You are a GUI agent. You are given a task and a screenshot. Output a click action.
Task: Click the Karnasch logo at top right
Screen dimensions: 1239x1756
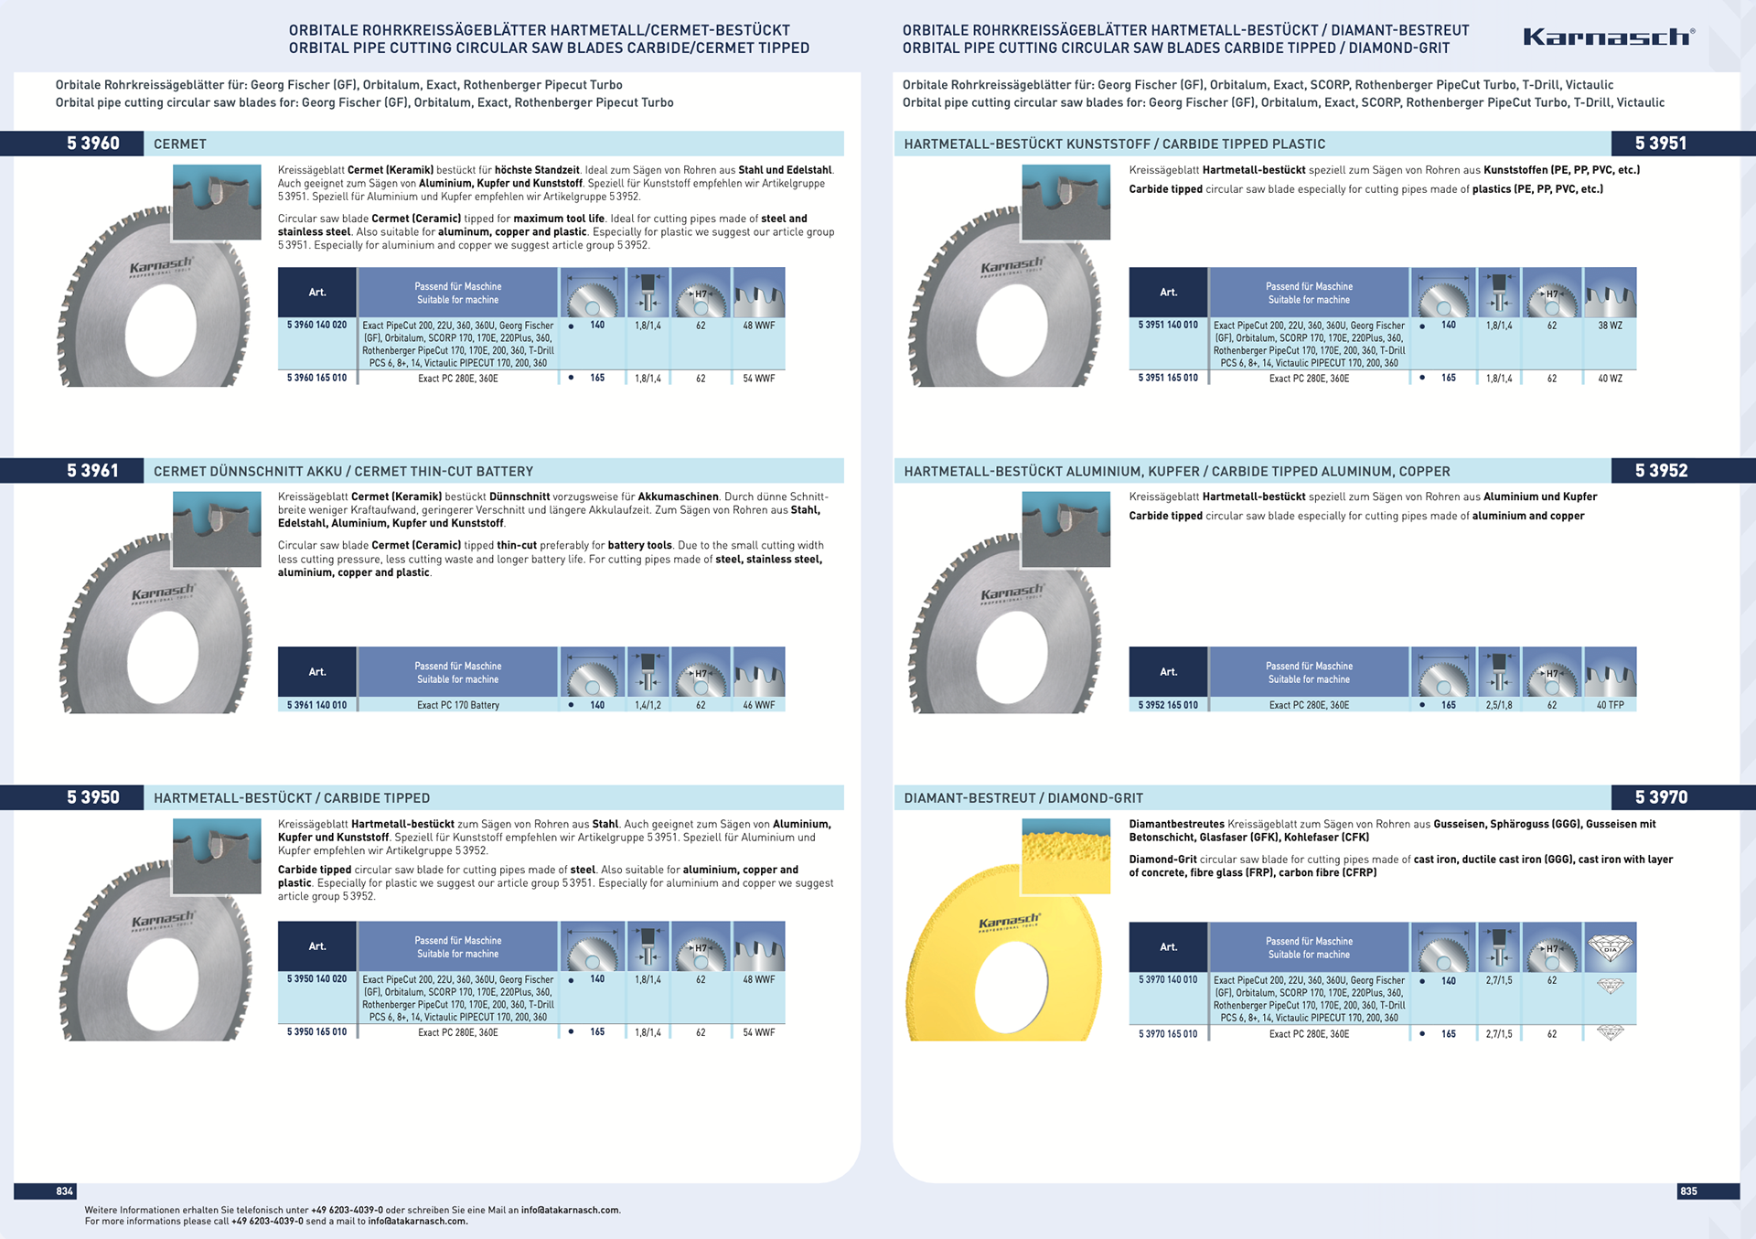[1608, 37]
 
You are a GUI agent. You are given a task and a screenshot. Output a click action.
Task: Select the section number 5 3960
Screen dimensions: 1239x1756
[93, 144]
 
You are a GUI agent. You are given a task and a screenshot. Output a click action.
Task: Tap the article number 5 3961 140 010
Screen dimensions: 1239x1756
[316, 705]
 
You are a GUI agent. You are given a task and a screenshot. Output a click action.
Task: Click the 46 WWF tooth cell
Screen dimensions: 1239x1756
[758, 705]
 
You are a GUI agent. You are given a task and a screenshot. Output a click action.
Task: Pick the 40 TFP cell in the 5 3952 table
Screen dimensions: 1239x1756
[1610, 705]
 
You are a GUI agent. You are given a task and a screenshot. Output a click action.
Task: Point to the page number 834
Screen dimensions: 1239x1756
[64, 1191]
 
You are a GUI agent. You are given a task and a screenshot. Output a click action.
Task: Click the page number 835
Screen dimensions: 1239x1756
[1688, 1191]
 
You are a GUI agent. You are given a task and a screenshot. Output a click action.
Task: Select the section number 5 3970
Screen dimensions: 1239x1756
[1661, 797]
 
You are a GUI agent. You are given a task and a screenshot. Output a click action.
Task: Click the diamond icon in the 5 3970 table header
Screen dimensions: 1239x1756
[1610, 947]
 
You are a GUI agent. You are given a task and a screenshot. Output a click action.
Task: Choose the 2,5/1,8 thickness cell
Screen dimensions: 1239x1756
[1498, 705]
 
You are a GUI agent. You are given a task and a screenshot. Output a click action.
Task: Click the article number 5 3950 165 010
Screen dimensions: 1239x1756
[316, 1032]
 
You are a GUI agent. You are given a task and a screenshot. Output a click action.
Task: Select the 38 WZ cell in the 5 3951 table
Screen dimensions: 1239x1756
[1610, 326]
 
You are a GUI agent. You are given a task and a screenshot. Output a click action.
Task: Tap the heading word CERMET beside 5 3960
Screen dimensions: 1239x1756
[180, 144]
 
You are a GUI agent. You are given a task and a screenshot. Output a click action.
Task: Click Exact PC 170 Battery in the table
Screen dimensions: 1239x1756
[458, 705]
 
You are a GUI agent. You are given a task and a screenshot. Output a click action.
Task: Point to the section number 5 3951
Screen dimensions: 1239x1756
[1661, 144]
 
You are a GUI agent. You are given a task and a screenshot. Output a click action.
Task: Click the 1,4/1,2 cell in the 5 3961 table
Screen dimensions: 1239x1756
[648, 705]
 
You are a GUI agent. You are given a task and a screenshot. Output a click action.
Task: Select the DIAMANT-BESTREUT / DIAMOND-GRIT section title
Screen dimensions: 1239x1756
[1023, 798]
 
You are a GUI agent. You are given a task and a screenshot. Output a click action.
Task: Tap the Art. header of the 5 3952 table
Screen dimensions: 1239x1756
[1168, 672]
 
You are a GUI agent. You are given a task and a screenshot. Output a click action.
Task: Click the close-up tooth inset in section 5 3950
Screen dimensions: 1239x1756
[217, 856]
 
